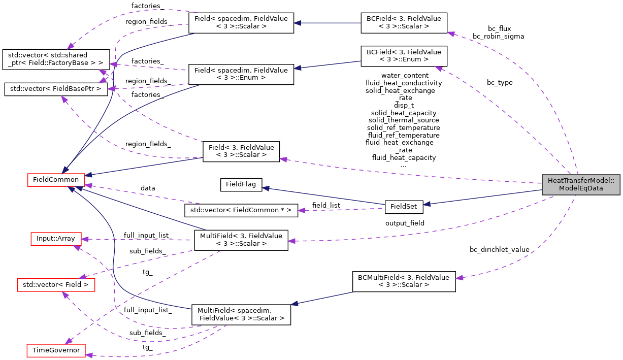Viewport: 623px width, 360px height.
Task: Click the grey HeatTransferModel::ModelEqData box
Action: click(581, 184)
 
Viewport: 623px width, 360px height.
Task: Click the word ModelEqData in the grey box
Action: click(581, 188)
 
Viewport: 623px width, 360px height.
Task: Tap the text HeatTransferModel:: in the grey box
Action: click(581, 181)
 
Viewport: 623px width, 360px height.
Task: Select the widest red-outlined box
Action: click(56, 285)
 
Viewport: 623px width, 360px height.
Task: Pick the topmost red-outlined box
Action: click(56, 180)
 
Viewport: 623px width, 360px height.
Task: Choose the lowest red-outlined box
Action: click(56, 350)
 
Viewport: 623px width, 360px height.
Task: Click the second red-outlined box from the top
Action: click(56, 239)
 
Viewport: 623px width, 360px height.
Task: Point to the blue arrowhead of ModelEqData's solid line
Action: click(427, 204)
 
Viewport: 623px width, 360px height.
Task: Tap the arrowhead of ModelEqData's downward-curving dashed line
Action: click(459, 278)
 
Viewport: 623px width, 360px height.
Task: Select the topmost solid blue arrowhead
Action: click(298, 23)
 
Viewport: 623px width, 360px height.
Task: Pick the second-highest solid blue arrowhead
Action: click(298, 68)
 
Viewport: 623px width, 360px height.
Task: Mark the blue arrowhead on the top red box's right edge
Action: click(89, 175)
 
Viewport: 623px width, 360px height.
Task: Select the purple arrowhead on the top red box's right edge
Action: click(89, 186)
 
